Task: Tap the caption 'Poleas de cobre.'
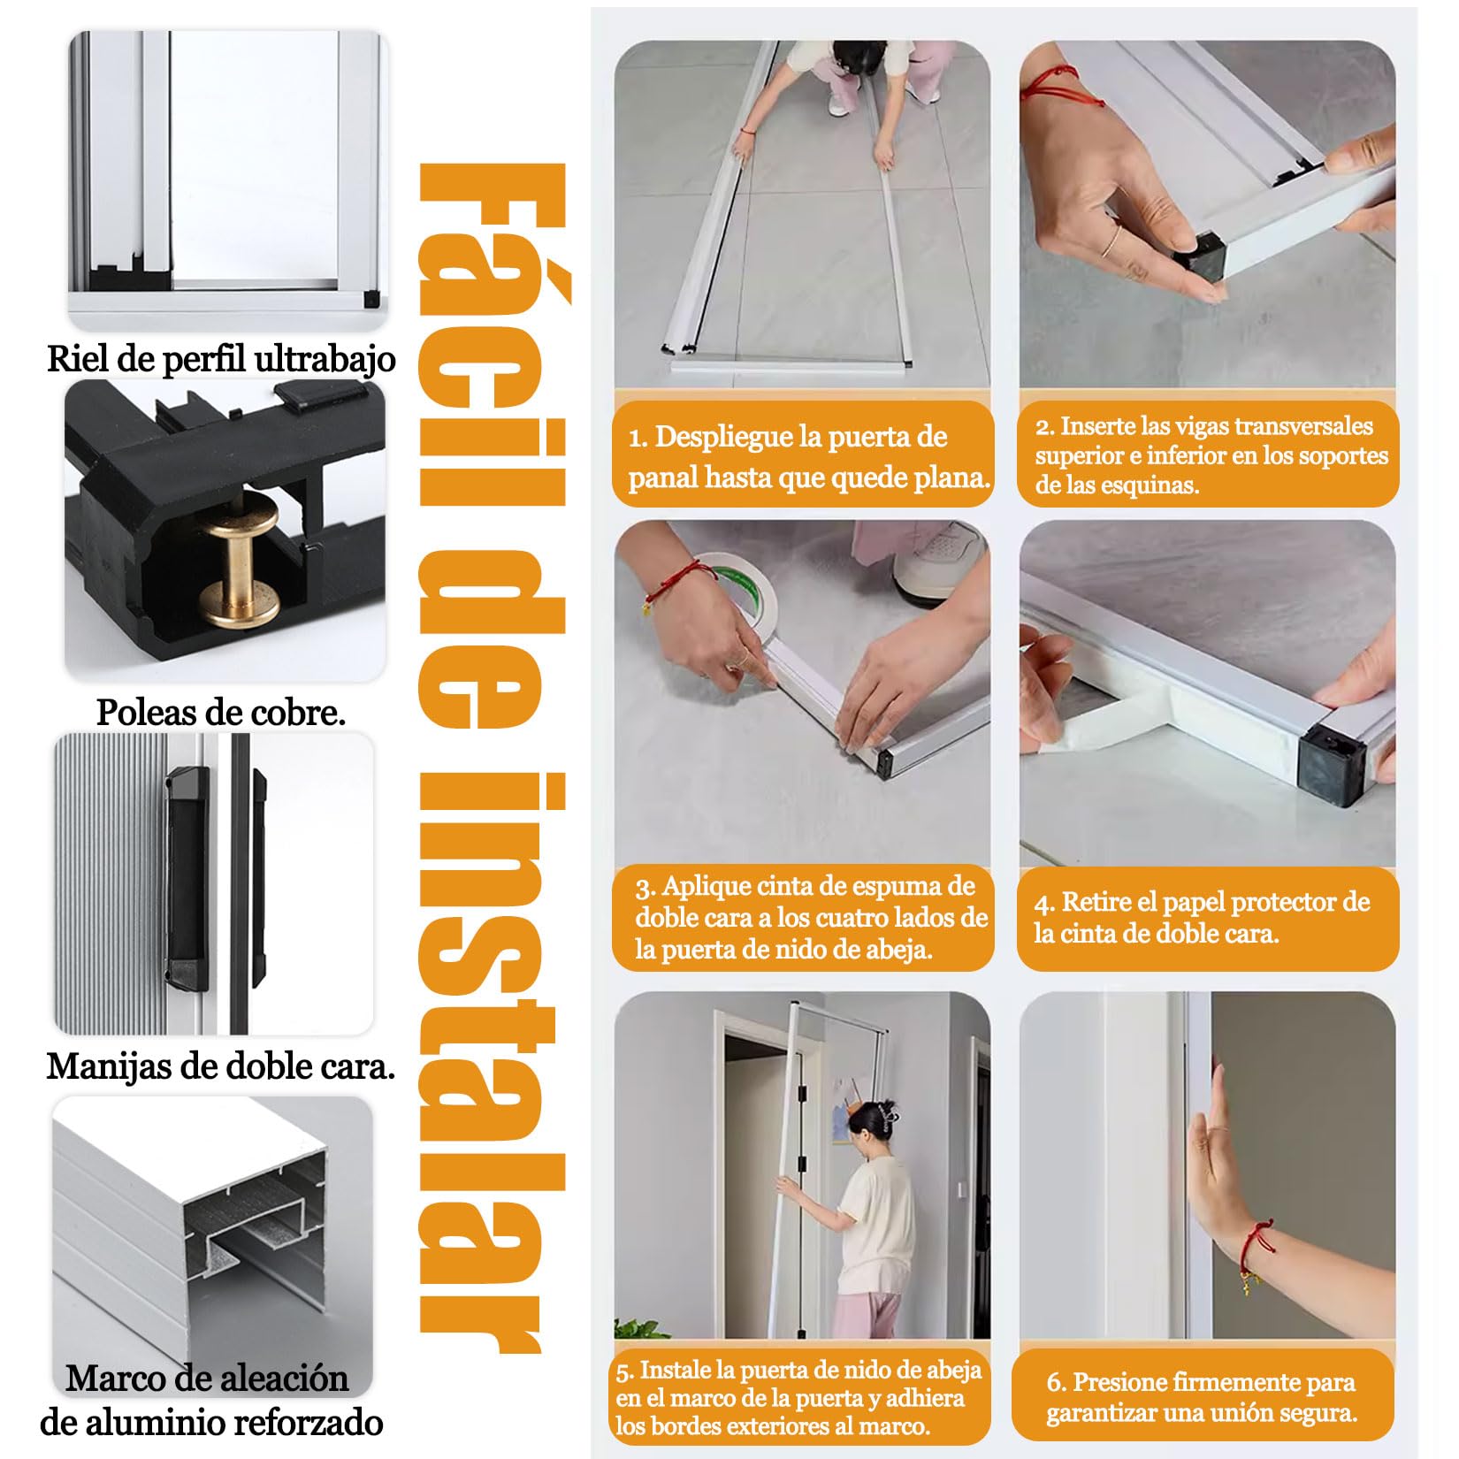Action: click(221, 712)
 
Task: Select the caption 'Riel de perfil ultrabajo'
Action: click(221, 359)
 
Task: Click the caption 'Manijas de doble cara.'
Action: click(220, 1066)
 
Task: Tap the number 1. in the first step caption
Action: click(638, 438)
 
